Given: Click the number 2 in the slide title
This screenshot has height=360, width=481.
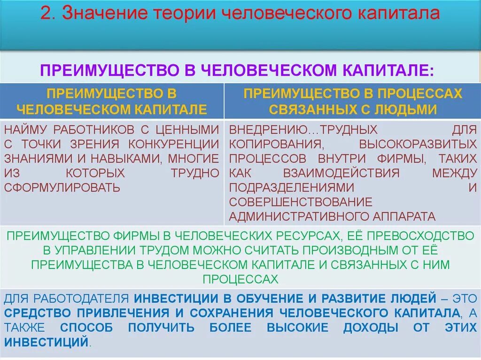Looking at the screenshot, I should point(46,14).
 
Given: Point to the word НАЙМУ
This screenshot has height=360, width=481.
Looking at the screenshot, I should point(25,130).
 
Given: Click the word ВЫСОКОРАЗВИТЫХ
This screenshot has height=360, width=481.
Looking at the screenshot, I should point(418,144).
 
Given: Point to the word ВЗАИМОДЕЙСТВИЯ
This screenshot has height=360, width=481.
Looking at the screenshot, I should point(341,173).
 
